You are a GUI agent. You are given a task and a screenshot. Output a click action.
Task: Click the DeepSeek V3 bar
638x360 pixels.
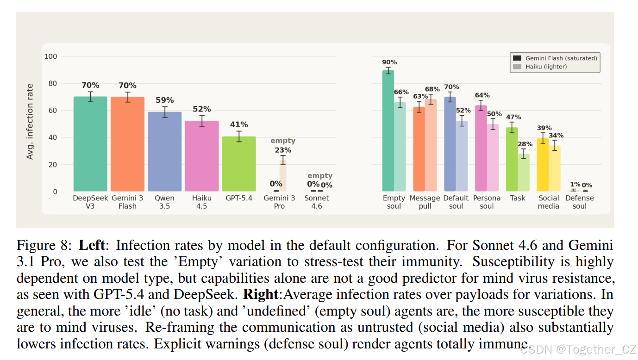pos(90,144)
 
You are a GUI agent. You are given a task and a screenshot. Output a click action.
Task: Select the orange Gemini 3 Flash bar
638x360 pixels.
pos(128,144)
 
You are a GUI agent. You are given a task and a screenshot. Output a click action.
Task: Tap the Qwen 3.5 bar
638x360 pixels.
pos(165,151)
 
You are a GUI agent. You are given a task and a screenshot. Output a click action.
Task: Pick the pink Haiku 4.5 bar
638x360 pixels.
pos(202,156)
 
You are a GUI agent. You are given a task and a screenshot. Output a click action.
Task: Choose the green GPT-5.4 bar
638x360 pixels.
pos(239,164)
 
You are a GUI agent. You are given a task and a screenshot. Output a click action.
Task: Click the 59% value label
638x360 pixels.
pos(165,100)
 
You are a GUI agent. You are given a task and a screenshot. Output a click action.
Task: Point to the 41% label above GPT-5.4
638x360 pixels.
pos(239,124)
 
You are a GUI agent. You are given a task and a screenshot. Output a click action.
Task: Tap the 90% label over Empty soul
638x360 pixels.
pos(389,62)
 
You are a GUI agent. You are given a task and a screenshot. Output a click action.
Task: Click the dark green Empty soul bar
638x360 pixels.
pos(388,130)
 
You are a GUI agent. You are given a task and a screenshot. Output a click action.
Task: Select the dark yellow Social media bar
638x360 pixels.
pos(543,165)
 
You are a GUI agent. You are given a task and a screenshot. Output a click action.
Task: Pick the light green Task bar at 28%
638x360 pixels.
pos(524,173)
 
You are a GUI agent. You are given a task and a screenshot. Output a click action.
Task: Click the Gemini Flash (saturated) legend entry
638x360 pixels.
pos(555,58)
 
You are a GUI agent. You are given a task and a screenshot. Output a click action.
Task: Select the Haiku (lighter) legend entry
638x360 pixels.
pos(540,67)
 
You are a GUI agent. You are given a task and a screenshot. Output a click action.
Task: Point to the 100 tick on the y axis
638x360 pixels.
pos(51,56)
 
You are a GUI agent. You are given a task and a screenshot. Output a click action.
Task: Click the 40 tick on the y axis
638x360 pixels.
pos(53,137)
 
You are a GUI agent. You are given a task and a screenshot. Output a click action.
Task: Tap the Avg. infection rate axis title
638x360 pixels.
pos(30,122)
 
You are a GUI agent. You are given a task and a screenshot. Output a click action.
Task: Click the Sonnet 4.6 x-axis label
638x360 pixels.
pos(316,202)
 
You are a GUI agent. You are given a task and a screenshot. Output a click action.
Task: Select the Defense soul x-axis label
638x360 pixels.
pos(580,202)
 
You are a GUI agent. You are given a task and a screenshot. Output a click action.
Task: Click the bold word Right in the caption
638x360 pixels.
pos(261,294)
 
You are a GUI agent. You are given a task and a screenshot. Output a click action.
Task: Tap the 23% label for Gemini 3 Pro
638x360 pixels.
pos(283,150)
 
